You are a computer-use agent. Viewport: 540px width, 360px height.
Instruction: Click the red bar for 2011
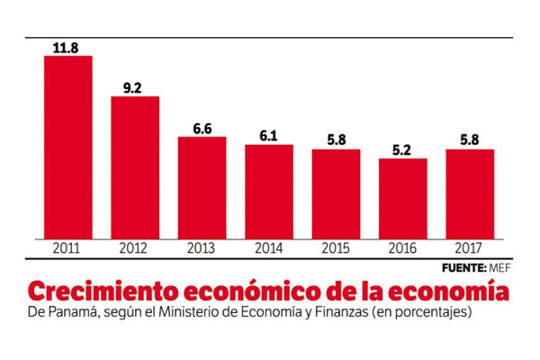click(68, 147)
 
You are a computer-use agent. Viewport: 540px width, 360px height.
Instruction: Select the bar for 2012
click(135, 166)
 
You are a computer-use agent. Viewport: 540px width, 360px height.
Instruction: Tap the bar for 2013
click(202, 187)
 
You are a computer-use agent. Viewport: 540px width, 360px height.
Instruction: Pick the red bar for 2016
click(403, 198)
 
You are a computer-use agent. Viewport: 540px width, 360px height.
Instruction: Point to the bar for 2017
click(470, 193)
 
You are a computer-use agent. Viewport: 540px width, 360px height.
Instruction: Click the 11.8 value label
click(68, 48)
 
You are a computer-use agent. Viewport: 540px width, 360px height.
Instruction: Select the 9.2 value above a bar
click(135, 88)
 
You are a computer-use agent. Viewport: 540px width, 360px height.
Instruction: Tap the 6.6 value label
click(202, 129)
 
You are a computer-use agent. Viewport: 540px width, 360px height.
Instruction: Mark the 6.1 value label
click(269, 136)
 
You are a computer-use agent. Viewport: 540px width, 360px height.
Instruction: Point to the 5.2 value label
click(403, 150)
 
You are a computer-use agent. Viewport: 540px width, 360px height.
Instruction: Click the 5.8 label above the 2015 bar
click(336, 141)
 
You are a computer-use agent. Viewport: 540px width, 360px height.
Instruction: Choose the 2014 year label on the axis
click(269, 247)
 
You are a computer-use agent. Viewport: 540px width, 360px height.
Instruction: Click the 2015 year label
click(336, 247)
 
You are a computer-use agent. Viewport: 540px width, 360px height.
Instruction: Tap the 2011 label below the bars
click(68, 247)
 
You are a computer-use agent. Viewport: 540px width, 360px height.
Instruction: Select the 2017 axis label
click(470, 247)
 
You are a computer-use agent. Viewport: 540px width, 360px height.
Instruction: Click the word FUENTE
click(463, 268)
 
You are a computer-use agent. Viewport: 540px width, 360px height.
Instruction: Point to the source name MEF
click(501, 268)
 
